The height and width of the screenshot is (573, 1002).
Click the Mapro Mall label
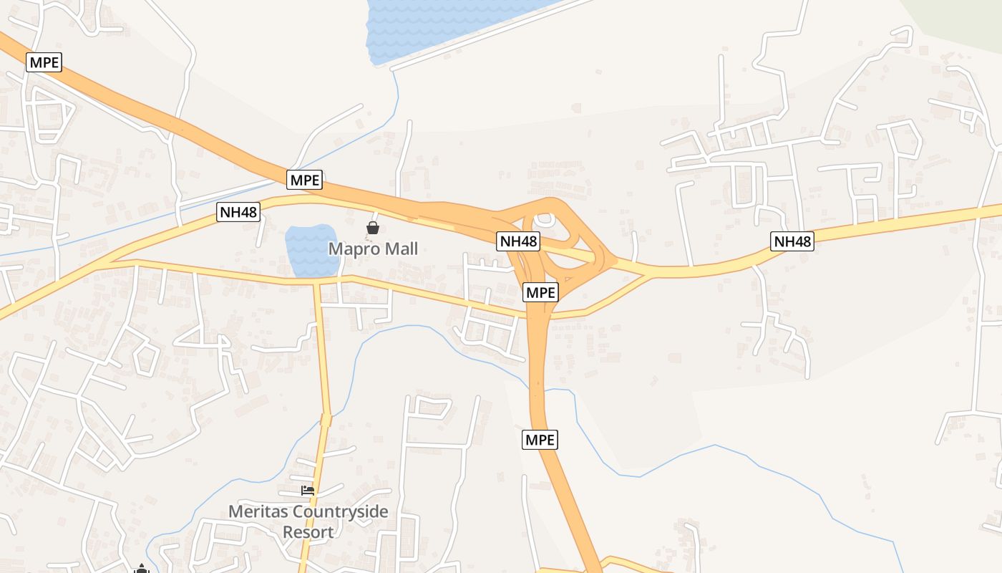pyautogui.click(x=373, y=249)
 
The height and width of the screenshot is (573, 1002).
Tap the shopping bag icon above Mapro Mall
pyautogui.click(x=373, y=228)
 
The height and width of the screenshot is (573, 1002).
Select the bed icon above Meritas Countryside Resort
pyautogui.click(x=308, y=491)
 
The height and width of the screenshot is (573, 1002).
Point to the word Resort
pyautogui.click(x=308, y=533)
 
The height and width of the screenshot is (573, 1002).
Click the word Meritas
pyautogui.click(x=255, y=512)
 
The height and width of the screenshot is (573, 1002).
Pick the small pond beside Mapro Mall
pyautogui.click(x=311, y=251)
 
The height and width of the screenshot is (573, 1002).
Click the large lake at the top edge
pyautogui.click(x=444, y=25)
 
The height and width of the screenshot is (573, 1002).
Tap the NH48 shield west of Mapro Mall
pyautogui.click(x=238, y=211)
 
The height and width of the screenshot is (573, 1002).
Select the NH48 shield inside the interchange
pyautogui.click(x=518, y=241)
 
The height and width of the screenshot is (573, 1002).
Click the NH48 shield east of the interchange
pyautogui.click(x=792, y=241)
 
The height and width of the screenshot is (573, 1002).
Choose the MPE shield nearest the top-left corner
pyautogui.click(x=44, y=62)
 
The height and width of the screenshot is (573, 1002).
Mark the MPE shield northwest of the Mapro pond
pyautogui.click(x=305, y=180)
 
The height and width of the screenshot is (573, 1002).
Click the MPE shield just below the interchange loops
pyautogui.click(x=540, y=292)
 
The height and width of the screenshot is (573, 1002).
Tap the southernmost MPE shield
pyautogui.click(x=540, y=440)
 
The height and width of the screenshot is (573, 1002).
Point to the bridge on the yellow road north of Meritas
pyautogui.click(x=326, y=420)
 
